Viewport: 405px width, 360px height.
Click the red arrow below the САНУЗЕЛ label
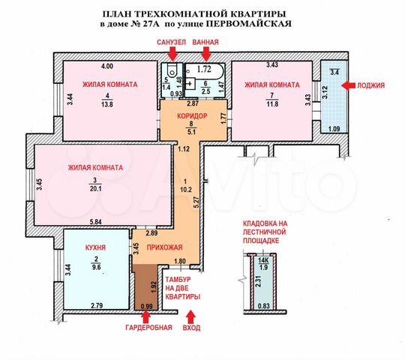click(x=173, y=54)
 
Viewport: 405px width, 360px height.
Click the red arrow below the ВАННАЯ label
click(x=207, y=54)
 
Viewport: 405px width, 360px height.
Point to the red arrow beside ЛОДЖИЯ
click(x=348, y=85)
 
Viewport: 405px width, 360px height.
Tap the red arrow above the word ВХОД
click(x=191, y=316)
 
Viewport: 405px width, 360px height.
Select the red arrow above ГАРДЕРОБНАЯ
click(x=147, y=316)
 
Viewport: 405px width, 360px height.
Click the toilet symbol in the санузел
click(x=171, y=70)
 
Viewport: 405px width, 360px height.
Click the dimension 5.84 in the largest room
click(x=95, y=221)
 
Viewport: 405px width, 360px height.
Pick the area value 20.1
click(x=95, y=189)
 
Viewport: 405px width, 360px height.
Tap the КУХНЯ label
click(x=95, y=247)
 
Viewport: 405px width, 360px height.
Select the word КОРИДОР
click(x=192, y=116)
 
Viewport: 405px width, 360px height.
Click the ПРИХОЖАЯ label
click(x=164, y=247)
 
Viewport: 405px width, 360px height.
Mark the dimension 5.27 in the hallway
click(x=196, y=202)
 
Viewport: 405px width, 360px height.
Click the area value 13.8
click(x=107, y=104)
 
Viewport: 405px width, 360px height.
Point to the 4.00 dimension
click(x=107, y=66)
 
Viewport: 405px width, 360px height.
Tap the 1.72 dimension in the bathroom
click(x=204, y=69)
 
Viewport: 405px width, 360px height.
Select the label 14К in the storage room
click(x=263, y=260)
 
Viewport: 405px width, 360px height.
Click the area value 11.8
click(x=273, y=104)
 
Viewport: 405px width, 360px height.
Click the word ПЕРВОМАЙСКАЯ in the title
click(x=250, y=24)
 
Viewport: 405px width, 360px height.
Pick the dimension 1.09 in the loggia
click(x=334, y=128)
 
